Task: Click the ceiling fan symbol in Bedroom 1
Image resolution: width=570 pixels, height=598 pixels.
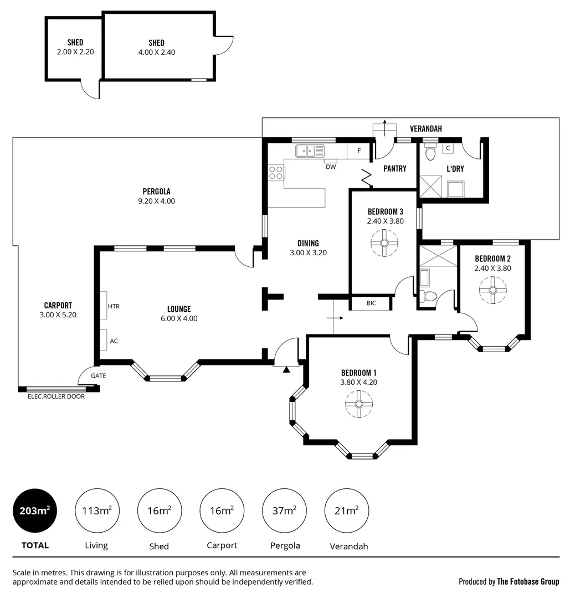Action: tap(358, 404)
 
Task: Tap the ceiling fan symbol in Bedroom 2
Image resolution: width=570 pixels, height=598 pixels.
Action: tap(492, 290)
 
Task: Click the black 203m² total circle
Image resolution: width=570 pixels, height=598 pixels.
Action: tap(35, 511)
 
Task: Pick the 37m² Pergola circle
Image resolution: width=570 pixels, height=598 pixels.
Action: tap(285, 511)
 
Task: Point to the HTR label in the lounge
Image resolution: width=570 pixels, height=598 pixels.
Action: tap(114, 306)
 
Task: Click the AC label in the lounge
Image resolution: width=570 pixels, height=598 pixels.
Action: tap(114, 341)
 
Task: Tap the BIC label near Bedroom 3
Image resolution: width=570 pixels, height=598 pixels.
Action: tap(371, 303)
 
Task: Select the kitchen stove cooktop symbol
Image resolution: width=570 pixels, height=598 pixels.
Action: tap(276, 173)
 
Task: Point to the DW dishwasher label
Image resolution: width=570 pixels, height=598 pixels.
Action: tap(330, 167)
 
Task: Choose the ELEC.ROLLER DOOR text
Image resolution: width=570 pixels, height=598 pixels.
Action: tap(56, 396)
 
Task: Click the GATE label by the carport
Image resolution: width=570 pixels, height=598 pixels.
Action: tap(98, 375)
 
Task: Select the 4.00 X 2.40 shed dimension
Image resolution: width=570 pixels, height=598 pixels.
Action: tap(157, 52)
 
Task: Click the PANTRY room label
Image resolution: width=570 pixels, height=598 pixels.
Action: tap(395, 169)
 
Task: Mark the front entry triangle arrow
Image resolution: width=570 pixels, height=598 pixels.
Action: tap(286, 369)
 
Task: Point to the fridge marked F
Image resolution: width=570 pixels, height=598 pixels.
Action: tap(360, 151)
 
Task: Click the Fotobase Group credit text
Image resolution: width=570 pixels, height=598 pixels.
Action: tap(509, 581)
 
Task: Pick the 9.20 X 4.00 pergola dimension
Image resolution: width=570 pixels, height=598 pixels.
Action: tap(156, 201)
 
